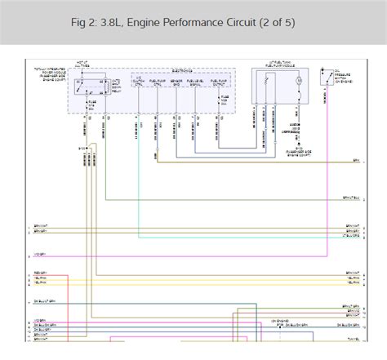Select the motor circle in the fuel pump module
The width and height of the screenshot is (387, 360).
(x=298, y=82)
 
